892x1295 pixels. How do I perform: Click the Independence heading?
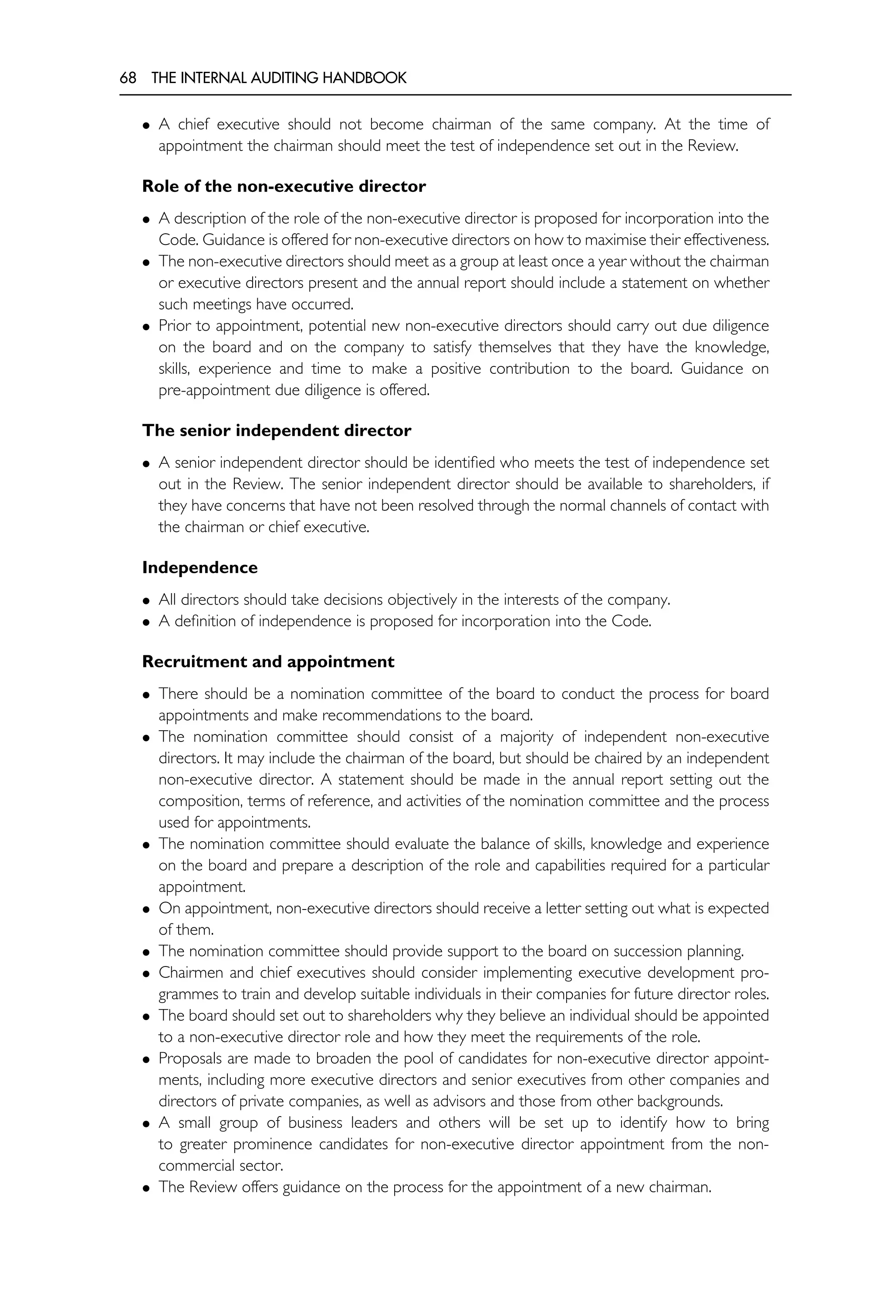point(199,567)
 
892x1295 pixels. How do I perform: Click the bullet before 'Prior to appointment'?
point(146,327)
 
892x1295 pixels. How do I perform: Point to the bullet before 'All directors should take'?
point(146,601)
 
